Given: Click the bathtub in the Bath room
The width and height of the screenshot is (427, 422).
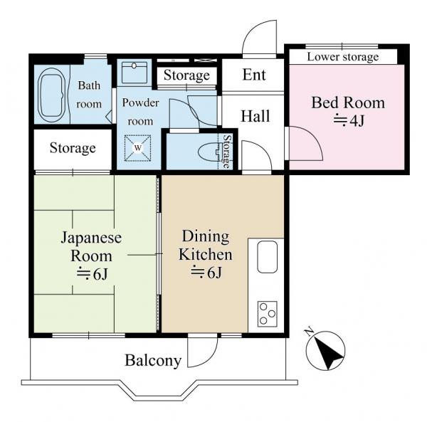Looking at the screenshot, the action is (52, 95).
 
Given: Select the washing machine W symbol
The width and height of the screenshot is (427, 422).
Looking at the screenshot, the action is (138, 148).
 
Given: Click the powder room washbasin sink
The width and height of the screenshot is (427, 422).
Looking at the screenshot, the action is (135, 73).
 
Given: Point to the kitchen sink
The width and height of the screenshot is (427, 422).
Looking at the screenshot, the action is (268, 257).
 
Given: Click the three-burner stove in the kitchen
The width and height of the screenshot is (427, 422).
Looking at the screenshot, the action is (267, 314).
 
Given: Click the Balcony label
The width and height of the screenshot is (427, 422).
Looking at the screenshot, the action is (153, 361).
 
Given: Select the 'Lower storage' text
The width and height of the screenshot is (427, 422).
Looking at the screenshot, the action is (343, 57).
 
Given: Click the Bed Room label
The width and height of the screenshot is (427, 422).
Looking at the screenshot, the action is (348, 103).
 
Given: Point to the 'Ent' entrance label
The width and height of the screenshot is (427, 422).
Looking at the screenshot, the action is (254, 75).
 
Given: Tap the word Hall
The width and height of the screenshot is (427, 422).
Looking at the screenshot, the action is (255, 116).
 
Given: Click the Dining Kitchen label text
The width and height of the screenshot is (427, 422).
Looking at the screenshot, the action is (206, 246).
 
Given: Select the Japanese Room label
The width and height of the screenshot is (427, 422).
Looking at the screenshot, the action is (91, 246).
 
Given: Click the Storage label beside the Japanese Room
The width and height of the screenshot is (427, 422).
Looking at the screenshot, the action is (73, 148).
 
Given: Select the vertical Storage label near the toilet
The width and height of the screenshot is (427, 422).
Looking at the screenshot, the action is (226, 152).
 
